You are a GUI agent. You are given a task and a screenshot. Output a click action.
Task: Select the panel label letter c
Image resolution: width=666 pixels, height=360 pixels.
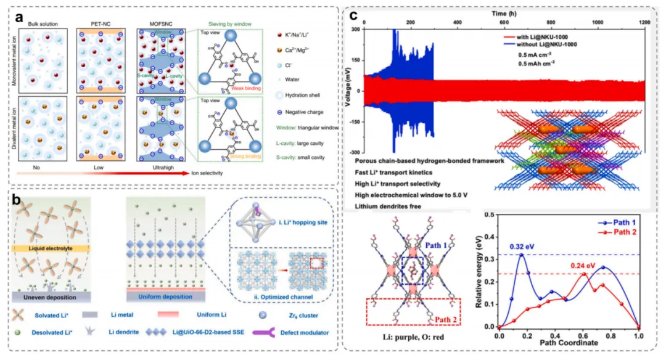coord(355,15)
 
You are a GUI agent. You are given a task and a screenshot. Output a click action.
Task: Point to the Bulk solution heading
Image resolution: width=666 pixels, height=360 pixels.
coord(42,24)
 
